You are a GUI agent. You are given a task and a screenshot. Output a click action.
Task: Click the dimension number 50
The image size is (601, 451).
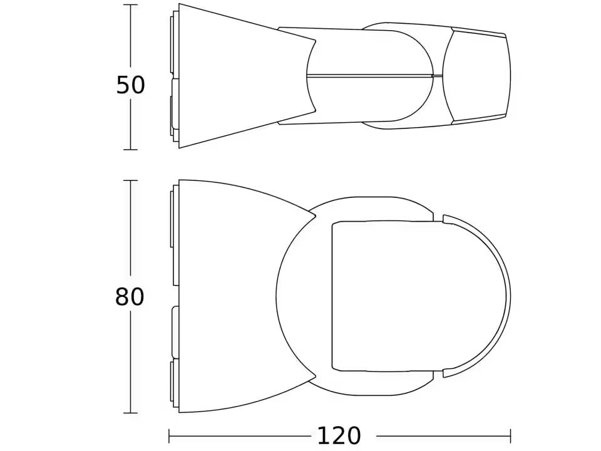point(131,85)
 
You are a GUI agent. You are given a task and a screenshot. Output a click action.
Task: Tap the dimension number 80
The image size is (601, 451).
point(130,297)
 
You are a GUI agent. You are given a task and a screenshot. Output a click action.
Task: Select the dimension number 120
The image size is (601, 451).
point(339,436)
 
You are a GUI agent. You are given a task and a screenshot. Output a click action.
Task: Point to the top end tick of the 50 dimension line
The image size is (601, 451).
point(131,4)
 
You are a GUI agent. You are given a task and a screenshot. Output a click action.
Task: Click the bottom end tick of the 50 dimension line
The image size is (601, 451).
point(131,150)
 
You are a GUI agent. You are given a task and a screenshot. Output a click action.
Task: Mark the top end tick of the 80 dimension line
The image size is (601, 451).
point(131,180)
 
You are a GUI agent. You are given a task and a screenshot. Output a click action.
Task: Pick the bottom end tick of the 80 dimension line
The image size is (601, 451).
point(131,413)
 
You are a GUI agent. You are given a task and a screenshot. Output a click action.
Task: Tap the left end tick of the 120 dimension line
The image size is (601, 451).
point(170,436)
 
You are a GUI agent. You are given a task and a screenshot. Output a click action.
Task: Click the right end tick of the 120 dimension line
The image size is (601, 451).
point(510,436)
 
